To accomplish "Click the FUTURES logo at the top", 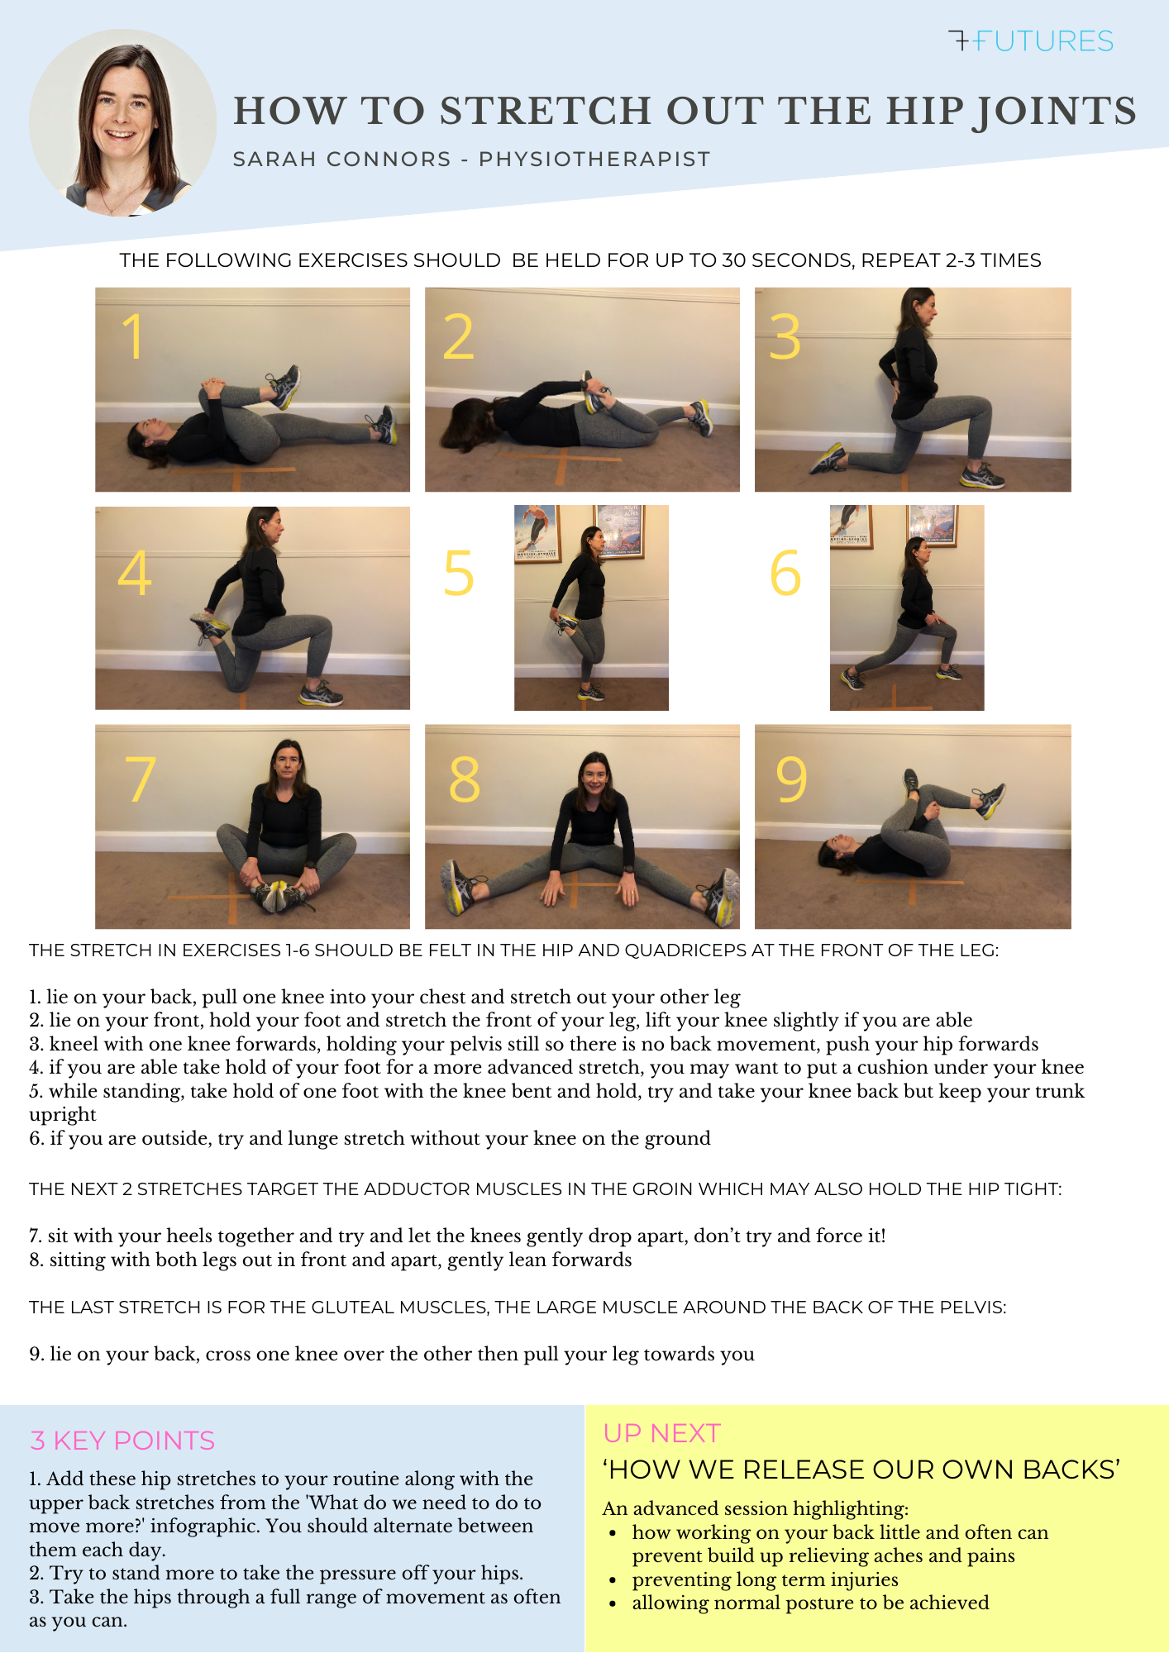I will [1031, 40].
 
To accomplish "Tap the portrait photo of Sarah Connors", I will [122, 122].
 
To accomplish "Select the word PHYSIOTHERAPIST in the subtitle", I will [594, 159].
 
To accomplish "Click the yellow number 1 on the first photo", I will [132, 336].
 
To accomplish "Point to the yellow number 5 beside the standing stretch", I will [458, 574].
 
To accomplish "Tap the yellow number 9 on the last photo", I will [790, 779].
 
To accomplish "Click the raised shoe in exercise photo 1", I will [284, 385].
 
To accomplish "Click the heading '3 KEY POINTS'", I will [122, 1441].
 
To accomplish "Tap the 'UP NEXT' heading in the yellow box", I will [661, 1433].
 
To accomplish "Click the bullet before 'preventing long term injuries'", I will [613, 1580].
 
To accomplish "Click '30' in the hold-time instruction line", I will [733, 260].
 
